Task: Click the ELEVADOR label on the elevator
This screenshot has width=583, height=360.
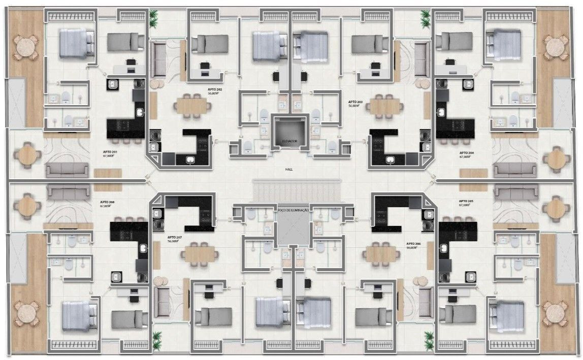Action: [x=290, y=140]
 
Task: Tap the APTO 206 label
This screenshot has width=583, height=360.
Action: [x=414, y=244]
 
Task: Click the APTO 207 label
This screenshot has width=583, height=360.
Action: [x=175, y=238]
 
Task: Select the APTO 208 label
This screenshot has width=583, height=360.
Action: [x=107, y=202]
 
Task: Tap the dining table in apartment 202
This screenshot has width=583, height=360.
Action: [x=192, y=106]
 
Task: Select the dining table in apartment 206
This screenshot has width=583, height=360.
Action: [x=383, y=253]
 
